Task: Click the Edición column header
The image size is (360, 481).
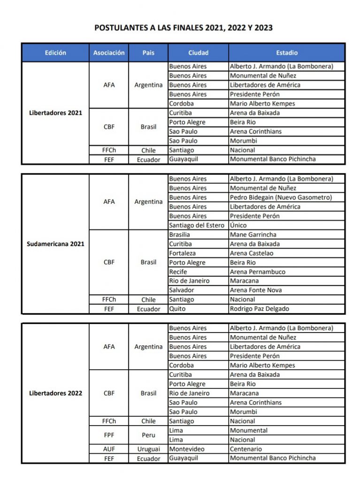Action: [55, 53]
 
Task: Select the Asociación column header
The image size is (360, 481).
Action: [109, 53]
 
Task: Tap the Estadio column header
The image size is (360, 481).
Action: [286, 53]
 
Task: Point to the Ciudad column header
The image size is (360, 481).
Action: [198, 53]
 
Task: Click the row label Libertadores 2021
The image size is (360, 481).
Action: [55, 113]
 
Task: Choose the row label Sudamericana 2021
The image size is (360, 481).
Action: [55, 244]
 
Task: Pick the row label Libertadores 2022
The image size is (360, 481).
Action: [55, 393]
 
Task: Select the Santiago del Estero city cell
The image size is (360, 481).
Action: [197, 225]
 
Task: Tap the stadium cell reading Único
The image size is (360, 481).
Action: [238, 225]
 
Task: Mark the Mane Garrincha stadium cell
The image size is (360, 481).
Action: [253, 234]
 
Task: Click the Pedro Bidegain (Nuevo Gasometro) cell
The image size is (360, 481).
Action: [281, 197]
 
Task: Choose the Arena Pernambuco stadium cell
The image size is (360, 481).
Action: [257, 272]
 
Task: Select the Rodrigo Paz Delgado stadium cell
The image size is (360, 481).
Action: [259, 309]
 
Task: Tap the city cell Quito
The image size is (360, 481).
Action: [177, 309]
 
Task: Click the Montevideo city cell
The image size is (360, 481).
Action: [187, 449]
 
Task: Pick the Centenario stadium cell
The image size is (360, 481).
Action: [246, 449]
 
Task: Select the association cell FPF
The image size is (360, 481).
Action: [109, 435]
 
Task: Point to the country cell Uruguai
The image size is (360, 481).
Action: [148, 449]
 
